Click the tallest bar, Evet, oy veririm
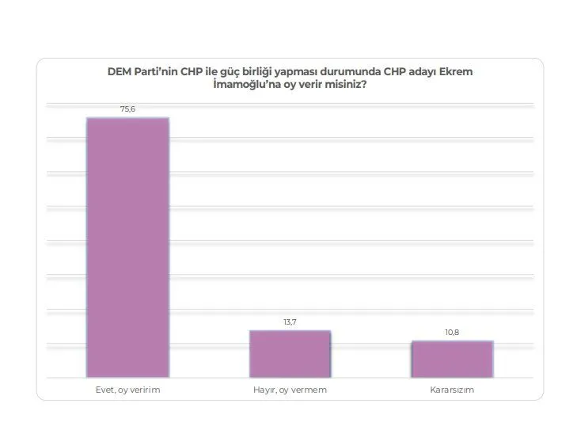127,246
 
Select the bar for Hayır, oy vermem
289,352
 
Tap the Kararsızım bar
452,358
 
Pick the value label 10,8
452,333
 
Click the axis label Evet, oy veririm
127,390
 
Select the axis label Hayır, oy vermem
289,390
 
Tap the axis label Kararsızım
452,390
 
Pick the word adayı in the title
423,72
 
